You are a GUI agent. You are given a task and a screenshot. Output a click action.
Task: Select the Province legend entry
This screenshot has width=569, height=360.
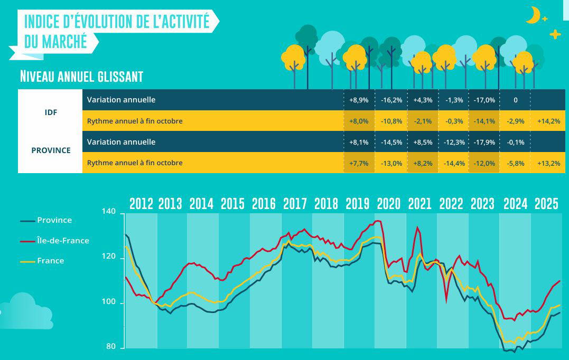[x=54, y=220]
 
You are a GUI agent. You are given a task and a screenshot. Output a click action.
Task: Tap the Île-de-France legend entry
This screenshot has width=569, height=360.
[x=63, y=241]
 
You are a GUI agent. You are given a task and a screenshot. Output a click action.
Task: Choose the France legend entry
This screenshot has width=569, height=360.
[x=50, y=261]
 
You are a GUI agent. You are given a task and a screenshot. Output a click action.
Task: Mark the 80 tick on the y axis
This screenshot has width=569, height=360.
[x=110, y=347]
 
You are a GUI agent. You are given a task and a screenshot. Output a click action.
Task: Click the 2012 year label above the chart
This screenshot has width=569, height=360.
[x=141, y=204]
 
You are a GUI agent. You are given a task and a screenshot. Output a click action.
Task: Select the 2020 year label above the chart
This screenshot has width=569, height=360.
[x=388, y=204]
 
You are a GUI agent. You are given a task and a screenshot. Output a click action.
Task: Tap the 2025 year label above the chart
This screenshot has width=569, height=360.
[x=546, y=204]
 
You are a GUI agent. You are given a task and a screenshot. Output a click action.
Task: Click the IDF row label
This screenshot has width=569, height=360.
[x=51, y=112]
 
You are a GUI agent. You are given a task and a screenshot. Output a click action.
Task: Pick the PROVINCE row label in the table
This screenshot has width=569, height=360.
[x=51, y=150]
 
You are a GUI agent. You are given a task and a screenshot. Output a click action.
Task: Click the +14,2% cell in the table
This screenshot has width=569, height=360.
[x=548, y=121]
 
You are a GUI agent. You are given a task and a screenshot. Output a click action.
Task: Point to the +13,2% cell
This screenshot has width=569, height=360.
[x=548, y=163]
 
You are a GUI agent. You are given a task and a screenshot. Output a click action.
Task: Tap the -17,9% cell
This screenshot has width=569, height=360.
[x=484, y=143]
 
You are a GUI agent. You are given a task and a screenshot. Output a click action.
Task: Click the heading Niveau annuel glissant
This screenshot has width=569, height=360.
[x=81, y=77]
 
